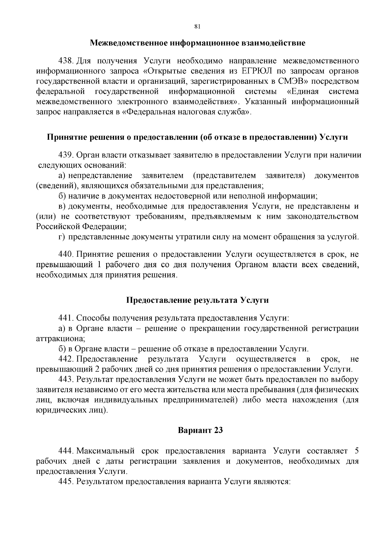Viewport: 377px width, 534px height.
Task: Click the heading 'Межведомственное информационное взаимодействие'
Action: tap(198, 43)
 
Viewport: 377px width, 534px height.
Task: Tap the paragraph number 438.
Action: tap(66, 60)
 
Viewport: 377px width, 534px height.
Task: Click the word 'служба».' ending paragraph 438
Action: tap(238, 112)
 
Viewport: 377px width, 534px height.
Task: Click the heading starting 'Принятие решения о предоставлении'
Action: tap(198, 137)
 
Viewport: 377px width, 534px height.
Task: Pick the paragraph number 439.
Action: tap(66, 155)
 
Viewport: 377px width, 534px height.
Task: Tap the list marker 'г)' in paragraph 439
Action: tap(62, 237)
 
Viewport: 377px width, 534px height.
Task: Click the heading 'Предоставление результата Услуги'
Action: tap(198, 300)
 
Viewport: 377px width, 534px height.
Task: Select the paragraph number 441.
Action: tap(66, 318)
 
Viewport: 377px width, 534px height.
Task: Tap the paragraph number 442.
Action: tap(66, 359)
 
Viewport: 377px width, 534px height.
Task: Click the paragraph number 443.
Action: tap(66, 379)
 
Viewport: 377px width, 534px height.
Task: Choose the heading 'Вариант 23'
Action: tap(200, 430)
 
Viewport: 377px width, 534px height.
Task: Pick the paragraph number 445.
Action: tap(66, 481)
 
